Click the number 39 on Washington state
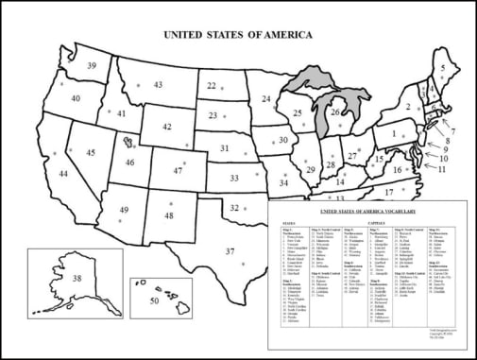pos(92,66)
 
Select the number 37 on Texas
pos(230,251)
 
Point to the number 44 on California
pos(63,175)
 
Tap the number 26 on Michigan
pos(335,113)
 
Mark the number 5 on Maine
pos(443,69)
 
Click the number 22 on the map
pos(213,86)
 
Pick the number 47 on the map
pos(178,171)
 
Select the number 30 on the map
pos(282,140)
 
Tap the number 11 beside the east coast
pos(442,170)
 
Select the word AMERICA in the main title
pos(279,34)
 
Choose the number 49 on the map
pos(123,210)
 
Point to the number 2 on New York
pos(409,107)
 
